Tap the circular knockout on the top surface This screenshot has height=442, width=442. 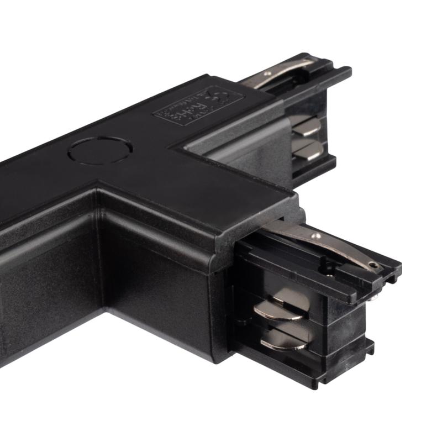(x=100, y=150)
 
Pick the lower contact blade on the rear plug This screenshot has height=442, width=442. (x=306, y=148)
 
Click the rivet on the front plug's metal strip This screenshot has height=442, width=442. (x=315, y=236)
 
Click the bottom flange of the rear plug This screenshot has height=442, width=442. (x=315, y=169)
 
